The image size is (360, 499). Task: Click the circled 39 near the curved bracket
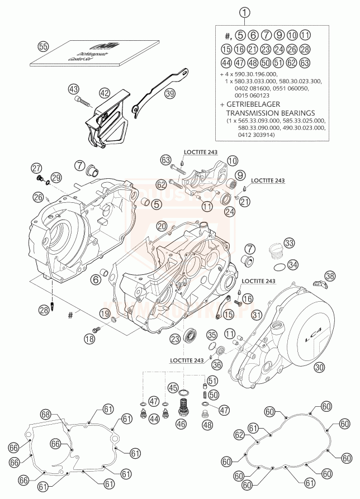coord(169,94)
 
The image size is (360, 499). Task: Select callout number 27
coord(36,168)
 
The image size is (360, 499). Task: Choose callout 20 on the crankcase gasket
coord(162,226)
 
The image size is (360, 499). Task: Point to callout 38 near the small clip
coord(330,275)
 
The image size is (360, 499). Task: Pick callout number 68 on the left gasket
coord(46,414)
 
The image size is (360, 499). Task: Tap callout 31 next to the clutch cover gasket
coord(256,316)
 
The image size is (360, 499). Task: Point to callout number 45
coord(173,387)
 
